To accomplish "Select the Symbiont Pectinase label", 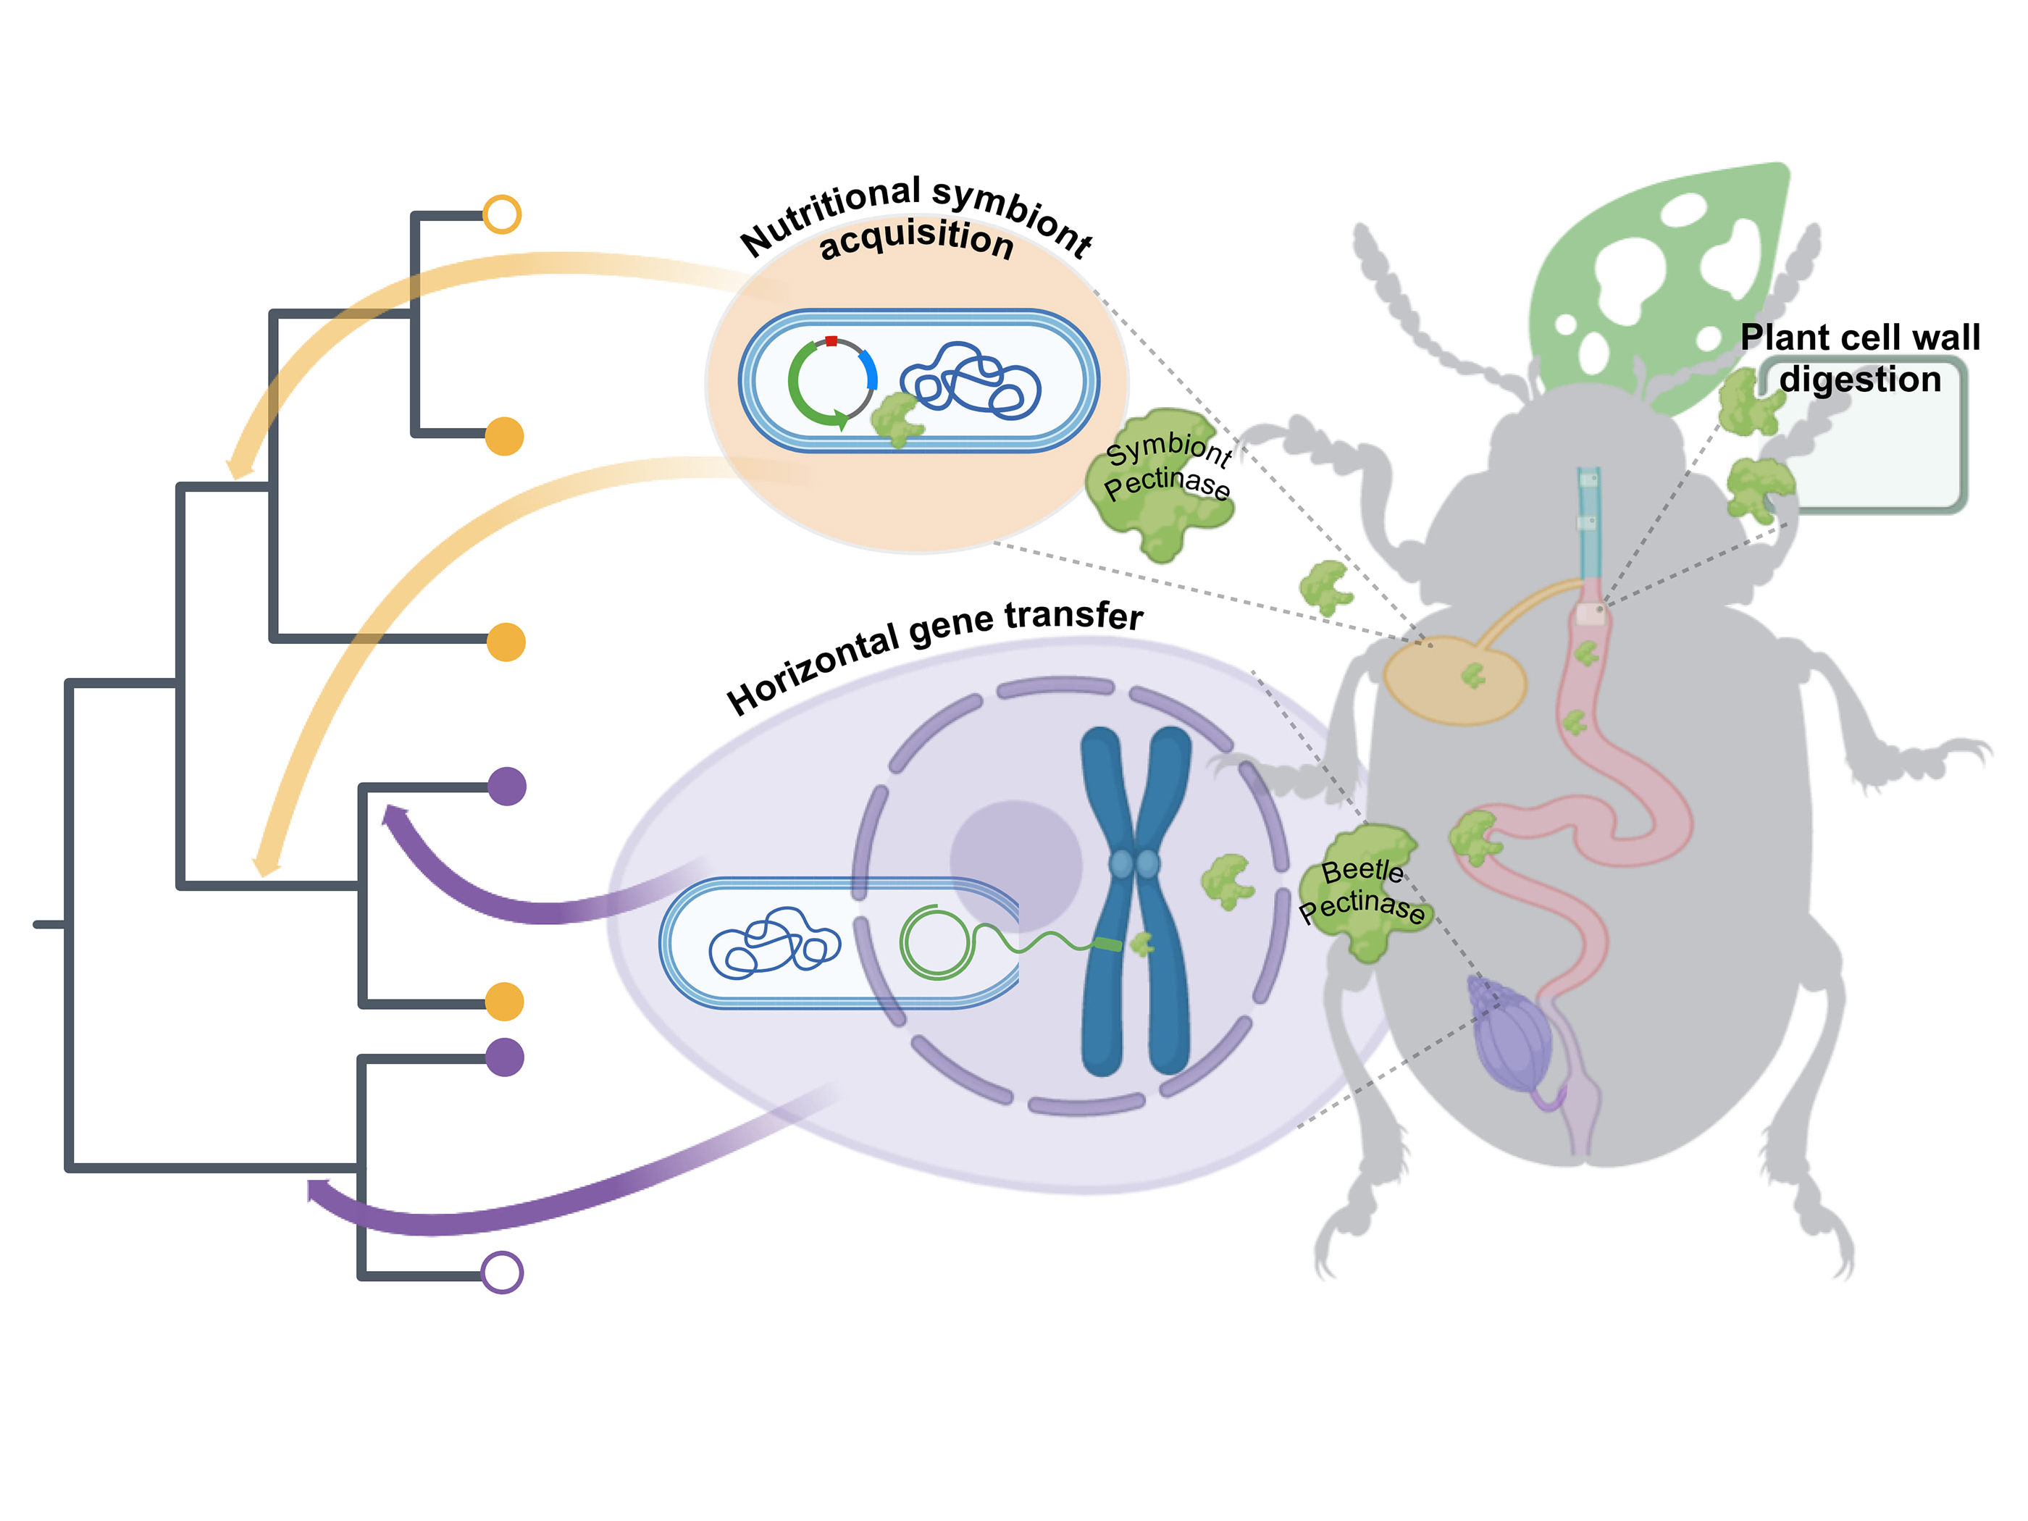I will pos(1166,468).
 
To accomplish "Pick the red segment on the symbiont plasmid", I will pos(831,341).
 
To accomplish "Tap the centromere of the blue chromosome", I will pos(1134,863).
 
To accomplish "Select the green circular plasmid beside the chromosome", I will pos(935,942).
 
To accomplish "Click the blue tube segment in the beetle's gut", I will pos(1589,523).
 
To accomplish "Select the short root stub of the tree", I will pos(48,923).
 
